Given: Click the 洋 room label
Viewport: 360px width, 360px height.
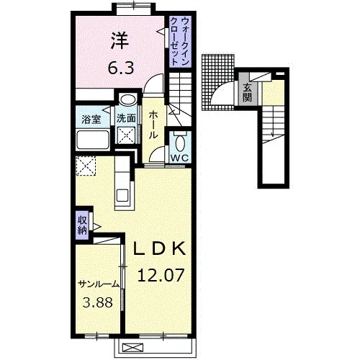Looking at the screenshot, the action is click(120, 41).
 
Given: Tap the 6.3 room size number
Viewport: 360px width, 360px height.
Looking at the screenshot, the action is click(120, 68).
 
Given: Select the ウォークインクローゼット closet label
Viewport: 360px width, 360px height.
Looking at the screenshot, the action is click(179, 41).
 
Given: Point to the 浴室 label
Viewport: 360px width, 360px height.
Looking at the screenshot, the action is click(91, 120).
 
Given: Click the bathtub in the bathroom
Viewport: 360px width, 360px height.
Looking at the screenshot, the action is click(93, 140).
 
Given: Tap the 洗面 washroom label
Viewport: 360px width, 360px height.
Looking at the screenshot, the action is click(126, 119).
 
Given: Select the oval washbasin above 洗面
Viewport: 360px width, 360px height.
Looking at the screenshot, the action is click(128, 99).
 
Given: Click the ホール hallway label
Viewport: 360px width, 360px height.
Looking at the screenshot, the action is click(153, 125).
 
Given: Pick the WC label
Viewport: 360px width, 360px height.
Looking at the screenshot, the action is click(179, 158).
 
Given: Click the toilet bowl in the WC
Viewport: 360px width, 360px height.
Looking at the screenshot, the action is click(180, 143).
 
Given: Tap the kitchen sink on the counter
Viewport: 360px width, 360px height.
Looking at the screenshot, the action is click(122, 195).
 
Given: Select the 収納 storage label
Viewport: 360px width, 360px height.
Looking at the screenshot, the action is click(82, 225).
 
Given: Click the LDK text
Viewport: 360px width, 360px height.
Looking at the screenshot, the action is click(159, 248).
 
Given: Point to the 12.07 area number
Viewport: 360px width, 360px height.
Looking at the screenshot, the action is click(161, 275).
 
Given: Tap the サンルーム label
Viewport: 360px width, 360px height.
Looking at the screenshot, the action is click(99, 284).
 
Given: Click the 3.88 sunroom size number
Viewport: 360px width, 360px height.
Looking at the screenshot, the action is click(98, 302).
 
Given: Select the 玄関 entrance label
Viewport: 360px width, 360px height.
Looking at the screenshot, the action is click(247, 93).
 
